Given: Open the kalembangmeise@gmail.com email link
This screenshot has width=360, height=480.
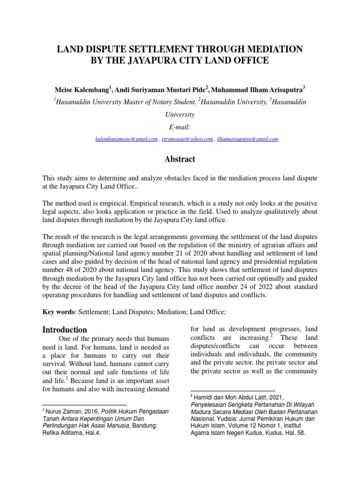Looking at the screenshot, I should pos(125,139).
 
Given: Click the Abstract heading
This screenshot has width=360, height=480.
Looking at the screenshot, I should pos(180,159).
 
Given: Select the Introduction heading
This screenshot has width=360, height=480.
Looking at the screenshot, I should pos(65,330).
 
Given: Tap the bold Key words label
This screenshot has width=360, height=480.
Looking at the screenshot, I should pos(58,311).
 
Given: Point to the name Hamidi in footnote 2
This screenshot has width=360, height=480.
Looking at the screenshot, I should pos(205,396).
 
